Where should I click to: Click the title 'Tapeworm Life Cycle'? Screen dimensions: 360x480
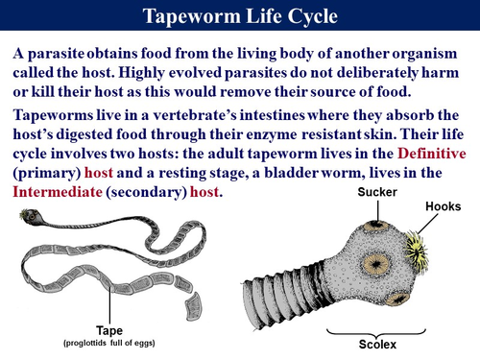tap(240, 16)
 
